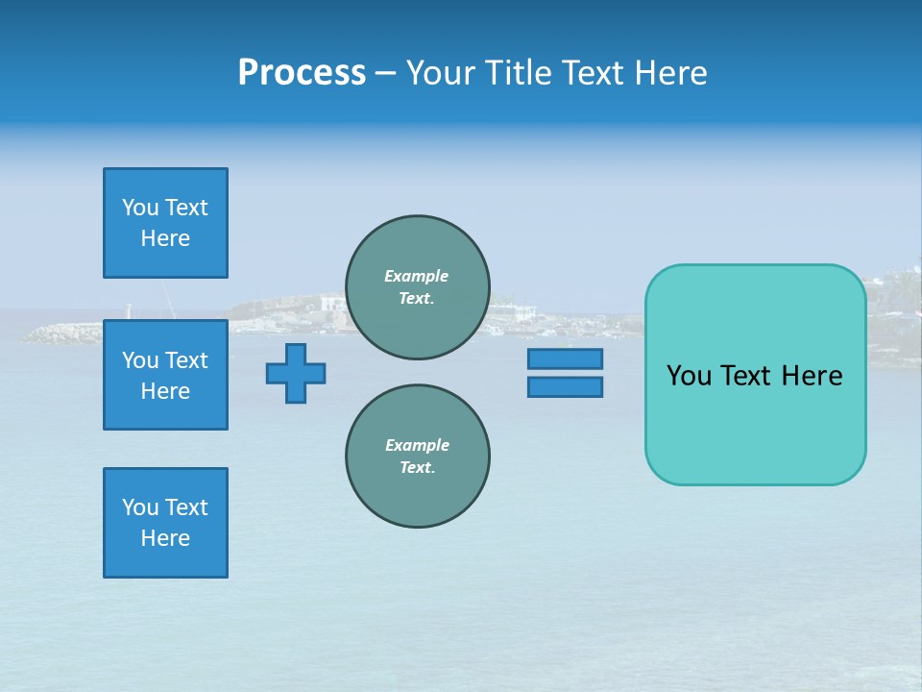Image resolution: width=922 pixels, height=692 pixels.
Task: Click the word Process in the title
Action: pyautogui.click(x=302, y=73)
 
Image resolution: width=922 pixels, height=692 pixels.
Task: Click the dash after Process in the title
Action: pyautogui.click(x=385, y=74)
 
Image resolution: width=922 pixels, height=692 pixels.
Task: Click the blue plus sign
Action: pyautogui.click(x=296, y=373)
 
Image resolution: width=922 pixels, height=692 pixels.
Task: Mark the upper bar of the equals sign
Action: pyautogui.click(x=565, y=358)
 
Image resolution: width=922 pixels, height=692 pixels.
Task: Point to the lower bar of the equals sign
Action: pyautogui.click(x=565, y=387)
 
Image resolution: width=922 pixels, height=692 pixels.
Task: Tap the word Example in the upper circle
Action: pyautogui.click(x=417, y=276)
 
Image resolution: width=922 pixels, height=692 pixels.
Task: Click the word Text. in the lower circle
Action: pyautogui.click(x=417, y=468)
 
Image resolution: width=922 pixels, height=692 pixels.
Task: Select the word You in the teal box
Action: pyautogui.click(x=689, y=376)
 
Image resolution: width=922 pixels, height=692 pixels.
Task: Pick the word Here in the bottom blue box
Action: pyautogui.click(x=165, y=538)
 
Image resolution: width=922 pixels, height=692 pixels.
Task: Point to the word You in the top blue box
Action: pyautogui.click(x=140, y=208)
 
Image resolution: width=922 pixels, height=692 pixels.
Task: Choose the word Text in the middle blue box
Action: pyautogui.click(x=186, y=360)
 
